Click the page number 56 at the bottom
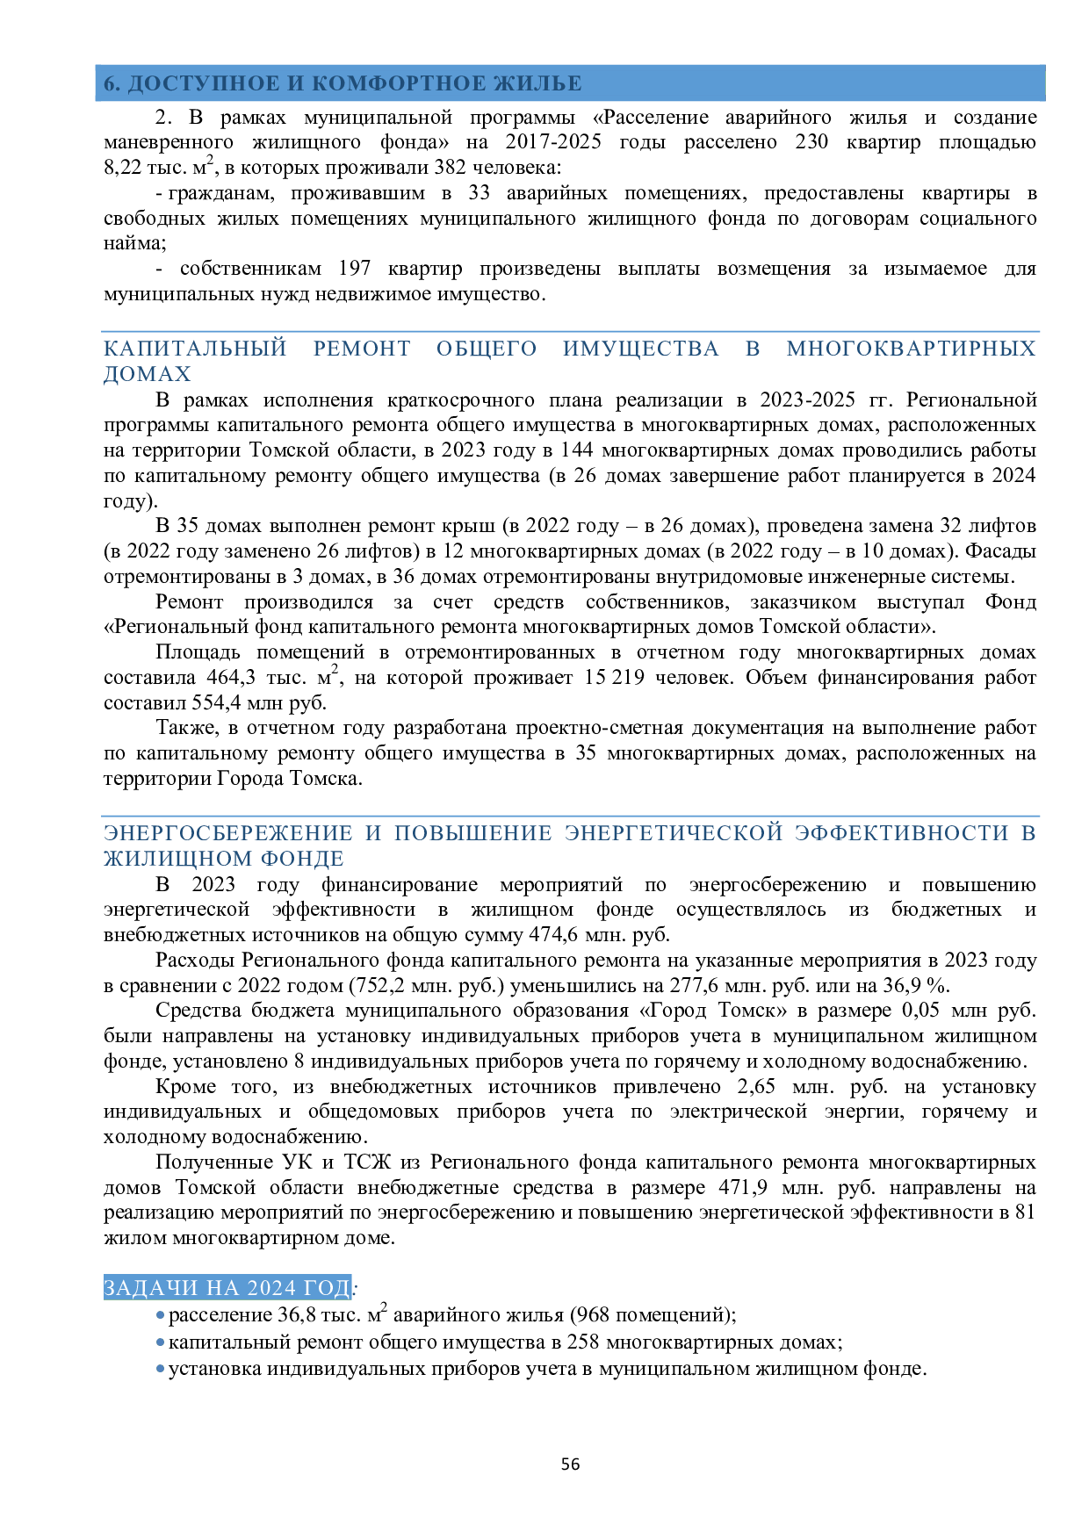pyautogui.click(x=570, y=1464)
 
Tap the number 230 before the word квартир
pyautogui.click(x=811, y=142)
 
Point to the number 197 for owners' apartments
pyautogui.click(x=355, y=269)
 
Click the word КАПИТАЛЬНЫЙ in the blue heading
pyautogui.click(x=195, y=349)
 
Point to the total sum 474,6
pyautogui.click(x=553, y=935)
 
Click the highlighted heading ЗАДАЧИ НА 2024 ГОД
pyautogui.click(x=227, y=1288)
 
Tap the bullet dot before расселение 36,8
pyautogui.click(x=160, y=1315)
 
